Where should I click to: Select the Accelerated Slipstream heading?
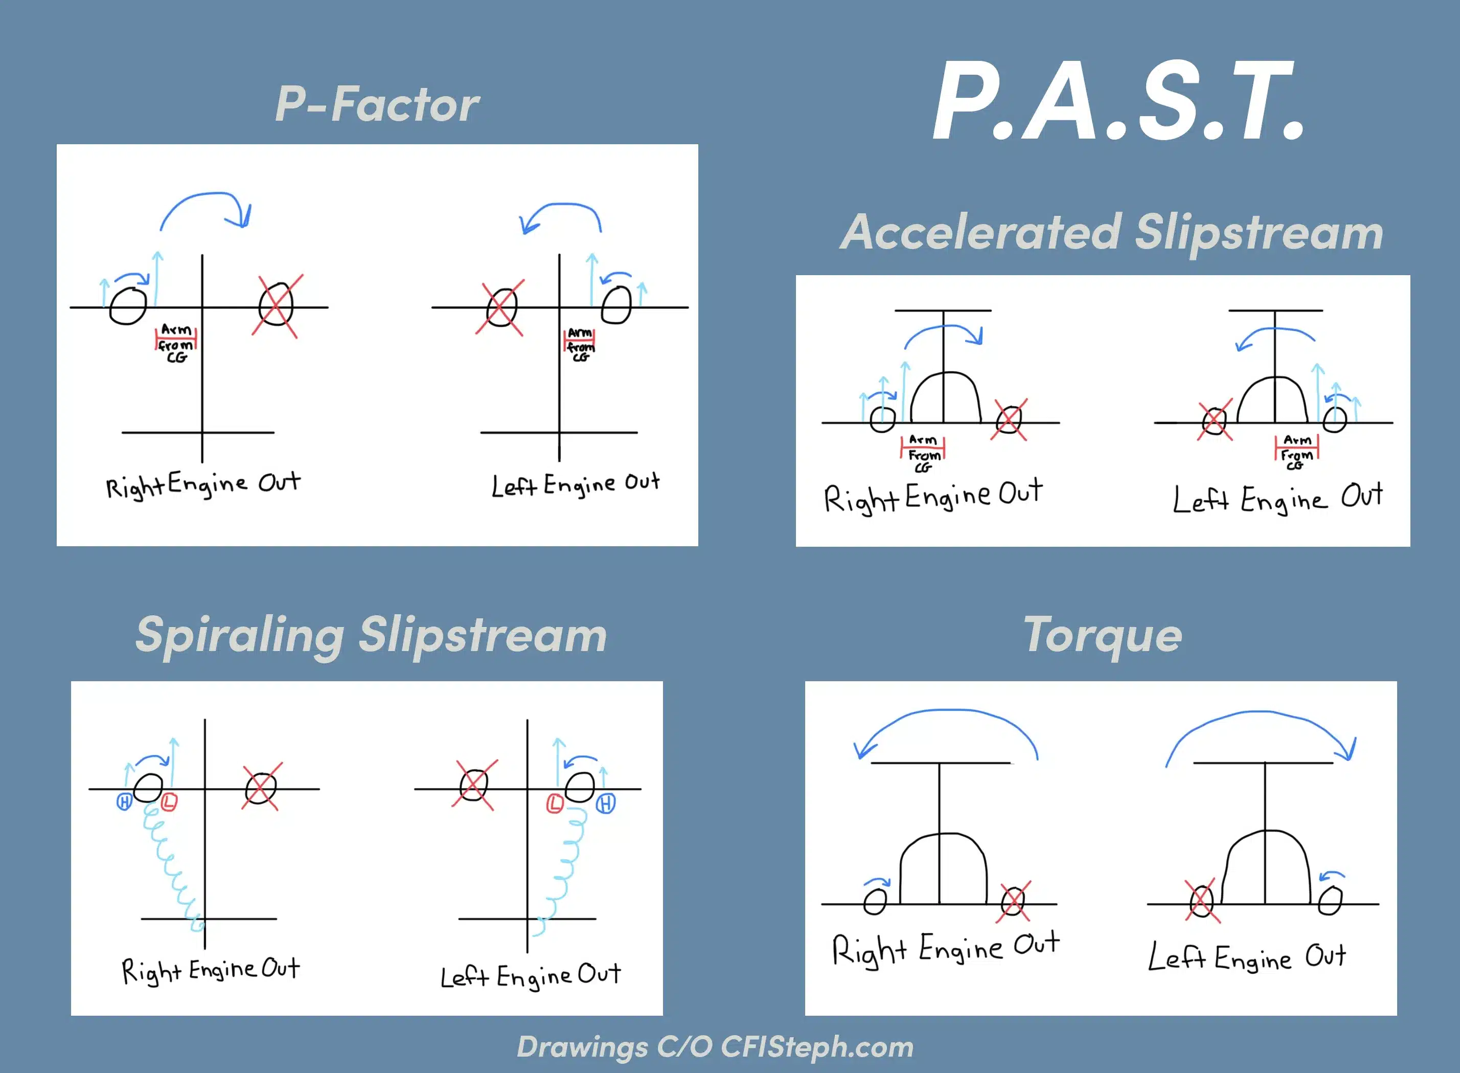click(x=1111, y=232)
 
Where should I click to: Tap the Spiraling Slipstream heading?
click(x=371, y=635)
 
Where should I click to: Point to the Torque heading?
click(x=1102, y=635)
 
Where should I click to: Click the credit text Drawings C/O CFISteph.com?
click(x=715, y=1046)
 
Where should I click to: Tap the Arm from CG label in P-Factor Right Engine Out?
click(x=176, y=343)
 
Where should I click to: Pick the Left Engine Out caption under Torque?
click(x=1246, y=958)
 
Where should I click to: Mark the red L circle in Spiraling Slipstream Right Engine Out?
click(x=169, y=803)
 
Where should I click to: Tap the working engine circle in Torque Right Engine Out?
click(x=875, y=901)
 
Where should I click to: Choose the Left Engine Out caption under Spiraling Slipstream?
click(x=531, y=976)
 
